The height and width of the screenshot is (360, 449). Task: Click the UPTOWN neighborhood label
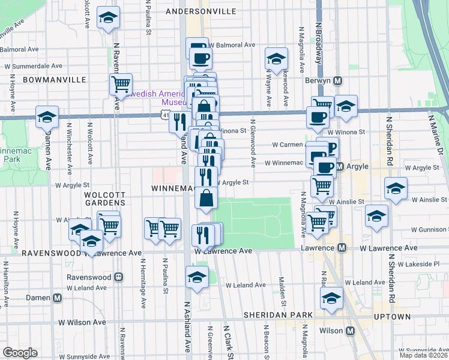point(394,317)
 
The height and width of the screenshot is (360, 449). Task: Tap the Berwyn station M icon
point(338,81)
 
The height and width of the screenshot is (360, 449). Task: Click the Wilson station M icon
point(350,331)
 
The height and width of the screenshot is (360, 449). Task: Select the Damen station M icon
point(58,298)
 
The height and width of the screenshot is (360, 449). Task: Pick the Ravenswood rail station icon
point(119,277)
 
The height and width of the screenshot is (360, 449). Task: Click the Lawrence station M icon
point(342,247)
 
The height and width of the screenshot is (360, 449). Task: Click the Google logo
point(20,353)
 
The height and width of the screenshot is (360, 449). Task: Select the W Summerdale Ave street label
point(34,66)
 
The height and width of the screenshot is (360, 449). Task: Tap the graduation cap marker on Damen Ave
point(47,117)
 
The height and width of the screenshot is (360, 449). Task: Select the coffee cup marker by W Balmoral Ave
point(200,58)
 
